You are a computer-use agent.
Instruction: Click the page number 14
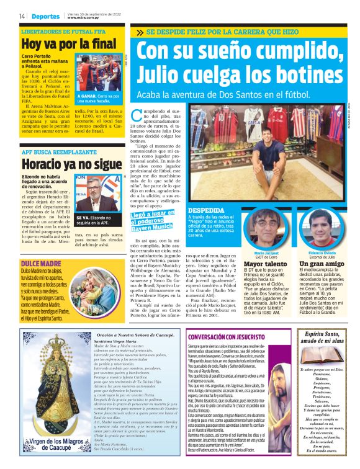click(x=22, y=16)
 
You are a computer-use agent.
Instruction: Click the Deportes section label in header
click(x=45, y=16)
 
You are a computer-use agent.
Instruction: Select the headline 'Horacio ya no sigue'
click(x=71, y=164)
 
